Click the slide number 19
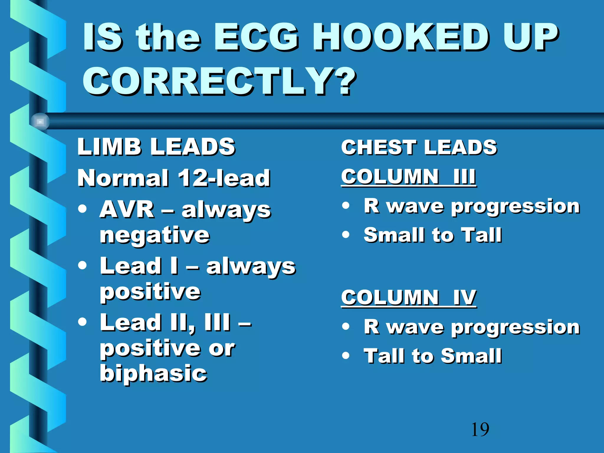(480, 429)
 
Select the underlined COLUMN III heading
(408, 177)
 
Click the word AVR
(127, 209)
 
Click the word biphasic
(153, 373)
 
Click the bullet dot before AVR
(83, 209)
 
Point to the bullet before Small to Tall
(346, 235)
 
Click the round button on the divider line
(40, 122)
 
